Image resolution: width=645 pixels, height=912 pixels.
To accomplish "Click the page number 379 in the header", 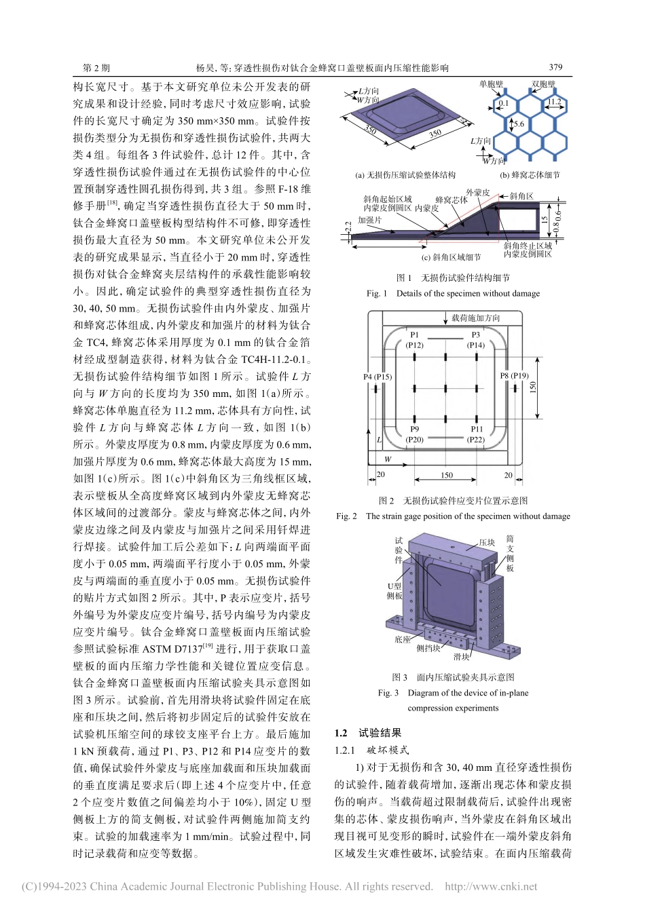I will click(555, 67).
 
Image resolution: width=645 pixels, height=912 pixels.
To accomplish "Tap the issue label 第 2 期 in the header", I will click(96, 68).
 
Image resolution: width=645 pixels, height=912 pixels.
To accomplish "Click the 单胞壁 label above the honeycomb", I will click(491, 84).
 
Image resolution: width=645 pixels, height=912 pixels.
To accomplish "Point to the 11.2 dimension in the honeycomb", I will click(554, 102).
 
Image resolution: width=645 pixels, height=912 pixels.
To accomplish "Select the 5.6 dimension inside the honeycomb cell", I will click(518, 124).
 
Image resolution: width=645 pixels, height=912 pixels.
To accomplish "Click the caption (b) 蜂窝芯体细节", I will click(530, 175).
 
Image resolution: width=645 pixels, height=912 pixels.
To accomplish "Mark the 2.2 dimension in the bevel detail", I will click(348, 227).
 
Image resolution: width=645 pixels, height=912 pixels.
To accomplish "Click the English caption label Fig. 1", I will click(376, 293).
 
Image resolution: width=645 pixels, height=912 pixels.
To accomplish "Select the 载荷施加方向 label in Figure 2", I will click(475, 318).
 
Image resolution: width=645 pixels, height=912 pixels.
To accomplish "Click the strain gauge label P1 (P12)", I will click(414, 340).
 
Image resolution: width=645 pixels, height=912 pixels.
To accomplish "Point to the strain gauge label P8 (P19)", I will click(514, 375).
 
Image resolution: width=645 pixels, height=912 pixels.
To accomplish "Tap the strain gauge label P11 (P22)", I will click(476, 434).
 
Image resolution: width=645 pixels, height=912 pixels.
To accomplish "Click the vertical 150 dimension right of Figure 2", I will click(534, 387).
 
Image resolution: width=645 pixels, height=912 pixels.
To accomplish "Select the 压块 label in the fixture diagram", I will click(487, 542).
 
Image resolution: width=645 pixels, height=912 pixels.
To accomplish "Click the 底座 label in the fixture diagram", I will click(403, 639).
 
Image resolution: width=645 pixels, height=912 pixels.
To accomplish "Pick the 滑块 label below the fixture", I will click(461, 656).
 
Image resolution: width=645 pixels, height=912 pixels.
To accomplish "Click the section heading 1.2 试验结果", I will click(368, 733).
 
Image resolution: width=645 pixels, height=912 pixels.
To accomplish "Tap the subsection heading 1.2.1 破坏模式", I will click(371, 750).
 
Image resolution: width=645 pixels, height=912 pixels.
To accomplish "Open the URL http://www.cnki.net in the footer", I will click(490, 886).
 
